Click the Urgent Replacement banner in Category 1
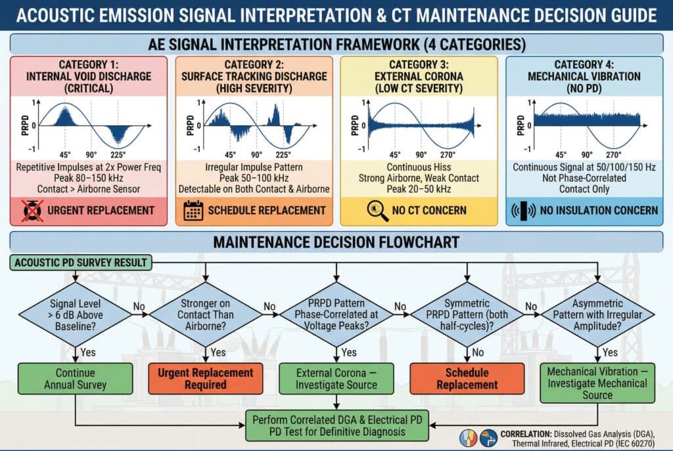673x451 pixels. (89, 210)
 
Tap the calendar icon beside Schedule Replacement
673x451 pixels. (193, 210)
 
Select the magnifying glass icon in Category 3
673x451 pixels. (374, 210)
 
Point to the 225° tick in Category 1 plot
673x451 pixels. (119, 155)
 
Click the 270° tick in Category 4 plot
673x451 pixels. (614, 155)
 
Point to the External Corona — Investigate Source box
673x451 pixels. (337, 378)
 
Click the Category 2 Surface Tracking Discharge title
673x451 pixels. (254, 77)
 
